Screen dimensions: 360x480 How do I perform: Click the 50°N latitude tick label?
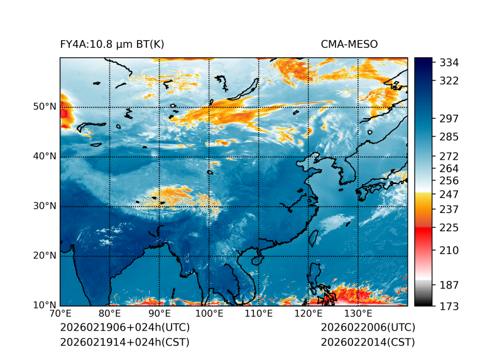coord(44,107)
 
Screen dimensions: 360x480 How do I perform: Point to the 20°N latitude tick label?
coord(44,256)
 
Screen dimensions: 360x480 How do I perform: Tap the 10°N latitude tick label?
coord(44,305)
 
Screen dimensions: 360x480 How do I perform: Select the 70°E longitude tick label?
coord(60,314)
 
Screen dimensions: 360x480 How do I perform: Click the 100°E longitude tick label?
coord(209,314)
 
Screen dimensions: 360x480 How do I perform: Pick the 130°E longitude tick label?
coord(358,314)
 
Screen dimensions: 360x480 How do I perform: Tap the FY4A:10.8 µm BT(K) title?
coord(112,45)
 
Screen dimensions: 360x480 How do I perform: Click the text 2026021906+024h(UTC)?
coord(124,328)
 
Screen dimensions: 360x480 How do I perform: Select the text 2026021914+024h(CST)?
coord(124,342)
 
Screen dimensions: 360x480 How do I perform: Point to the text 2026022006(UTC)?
coord(368,328)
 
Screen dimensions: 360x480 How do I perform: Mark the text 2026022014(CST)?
coord(368,342)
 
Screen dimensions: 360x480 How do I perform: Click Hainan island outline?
coord(256,259)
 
